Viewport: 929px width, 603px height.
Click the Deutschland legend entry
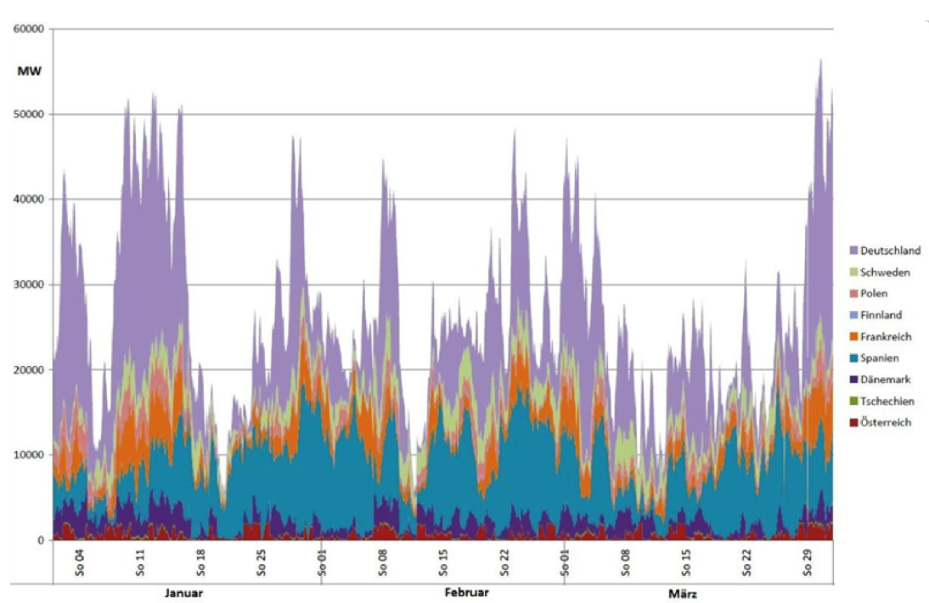(x=889, y=251)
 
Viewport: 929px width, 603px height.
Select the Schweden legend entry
(x=885, y=273)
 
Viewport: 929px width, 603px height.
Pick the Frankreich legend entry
(x=887, y=336)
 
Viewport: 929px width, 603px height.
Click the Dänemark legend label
(x=887, y=380)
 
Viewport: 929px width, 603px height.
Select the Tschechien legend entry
(x=887, y=401)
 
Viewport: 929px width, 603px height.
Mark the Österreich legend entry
(x=886, y=422)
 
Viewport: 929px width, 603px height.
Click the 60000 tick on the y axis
(x=30, y=29)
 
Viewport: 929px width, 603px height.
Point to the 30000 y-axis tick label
(x=30, y=285)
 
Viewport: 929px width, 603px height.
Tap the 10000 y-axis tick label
(x=30, y=455)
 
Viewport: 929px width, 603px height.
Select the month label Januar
(x=184, y=592)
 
